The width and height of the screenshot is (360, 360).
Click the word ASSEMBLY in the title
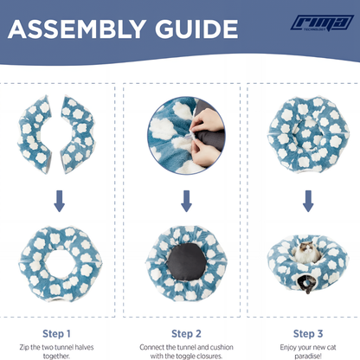[76, 29]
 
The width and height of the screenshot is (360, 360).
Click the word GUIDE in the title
[196, 29]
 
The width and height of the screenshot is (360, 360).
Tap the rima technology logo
[322, 22]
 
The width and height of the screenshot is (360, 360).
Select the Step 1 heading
[56, 334]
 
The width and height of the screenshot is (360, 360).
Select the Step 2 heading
[186, 334]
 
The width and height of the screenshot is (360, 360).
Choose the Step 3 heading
[308, 334]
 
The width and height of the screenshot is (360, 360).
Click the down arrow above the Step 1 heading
[59, 201]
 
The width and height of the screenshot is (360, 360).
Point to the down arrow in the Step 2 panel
[186, 201]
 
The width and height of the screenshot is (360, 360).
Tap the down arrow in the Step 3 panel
[308, 201]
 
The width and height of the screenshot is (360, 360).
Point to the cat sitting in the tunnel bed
[306, 253]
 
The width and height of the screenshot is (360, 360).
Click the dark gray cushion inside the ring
[187, 261]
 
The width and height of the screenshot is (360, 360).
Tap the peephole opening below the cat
[305, 284]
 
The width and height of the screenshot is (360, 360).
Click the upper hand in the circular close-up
[207, 120]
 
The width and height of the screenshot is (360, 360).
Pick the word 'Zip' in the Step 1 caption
[24, 347]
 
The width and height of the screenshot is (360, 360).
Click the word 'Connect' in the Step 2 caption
[152, 347]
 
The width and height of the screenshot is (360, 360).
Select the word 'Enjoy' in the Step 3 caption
[288, 348]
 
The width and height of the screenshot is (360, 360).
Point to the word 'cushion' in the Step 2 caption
[222, 347]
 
